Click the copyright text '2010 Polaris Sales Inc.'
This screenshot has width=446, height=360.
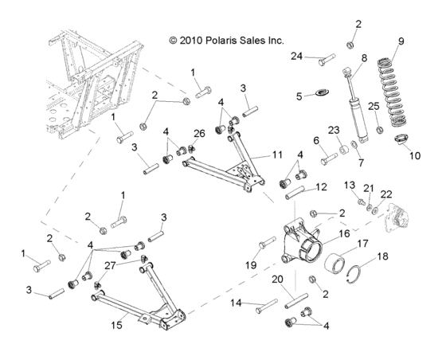226,39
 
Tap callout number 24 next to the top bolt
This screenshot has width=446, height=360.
297,56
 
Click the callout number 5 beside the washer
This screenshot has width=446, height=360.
300,96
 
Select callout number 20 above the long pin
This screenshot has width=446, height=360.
278,279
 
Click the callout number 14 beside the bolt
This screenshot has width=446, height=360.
236,303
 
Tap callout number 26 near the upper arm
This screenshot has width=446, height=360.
200,132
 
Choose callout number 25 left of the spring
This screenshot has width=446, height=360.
373,105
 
